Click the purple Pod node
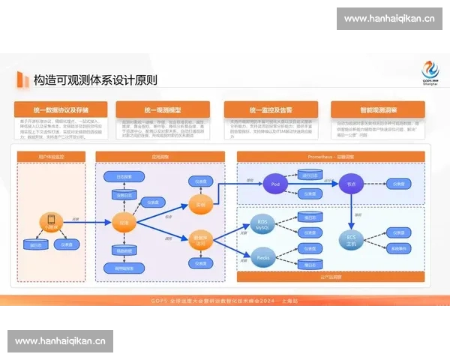[x=275, y=183]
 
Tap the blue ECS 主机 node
[x=351, y=241]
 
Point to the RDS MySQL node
[x=262, y=224]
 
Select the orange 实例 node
[x=200, y=203]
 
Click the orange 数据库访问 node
[x=201, y=241]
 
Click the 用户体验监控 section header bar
[x=51, y=156]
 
